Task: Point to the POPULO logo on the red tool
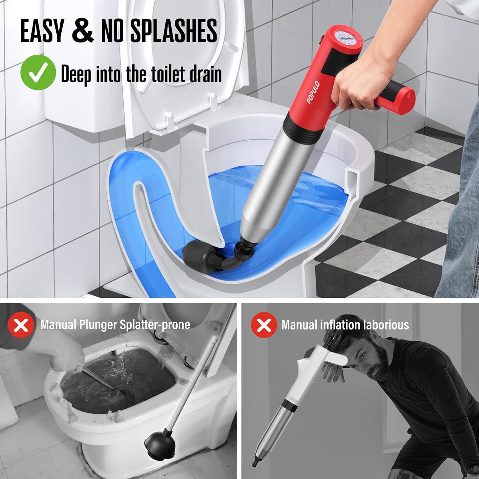[313, 92]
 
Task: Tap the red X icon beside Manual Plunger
[21, 325]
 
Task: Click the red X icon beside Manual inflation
[264, 325]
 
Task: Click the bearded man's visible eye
[362, 356]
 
